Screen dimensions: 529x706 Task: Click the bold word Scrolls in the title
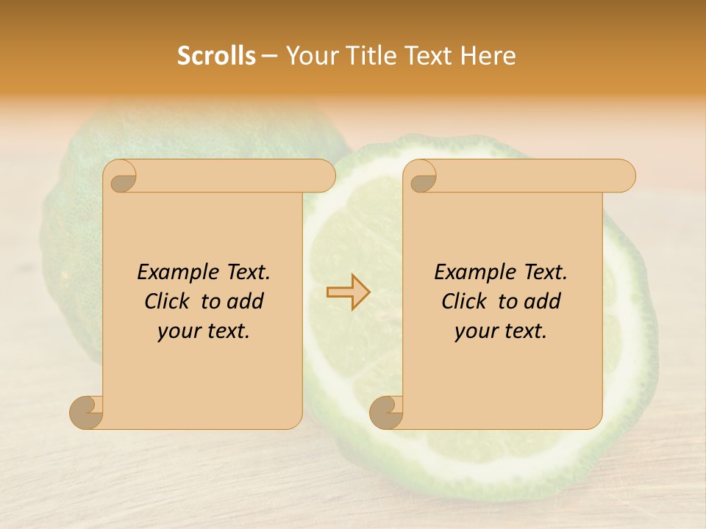tap(216, 55)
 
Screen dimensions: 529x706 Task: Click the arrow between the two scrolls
tap(348, 292)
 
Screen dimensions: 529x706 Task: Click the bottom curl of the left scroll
tap(87, 412)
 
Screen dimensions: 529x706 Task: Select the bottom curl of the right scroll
tap(386, 412)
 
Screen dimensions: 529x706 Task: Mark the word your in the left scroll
tap(176, 331)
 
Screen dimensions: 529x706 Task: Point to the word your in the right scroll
tap(474, 331)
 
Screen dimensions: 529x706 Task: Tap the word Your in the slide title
tap(310, 55)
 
